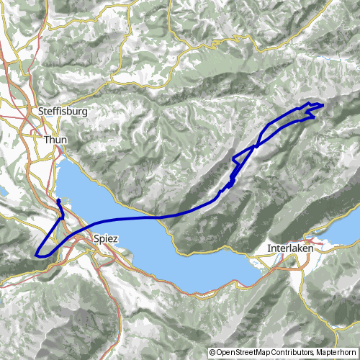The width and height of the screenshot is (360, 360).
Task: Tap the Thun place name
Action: [x=54, y=140]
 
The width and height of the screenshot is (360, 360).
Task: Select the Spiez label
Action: [x=105, y=238]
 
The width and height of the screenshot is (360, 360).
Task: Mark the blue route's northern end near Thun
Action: [x=58, y=199]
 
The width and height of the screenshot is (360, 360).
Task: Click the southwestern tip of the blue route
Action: [x=36, y=253]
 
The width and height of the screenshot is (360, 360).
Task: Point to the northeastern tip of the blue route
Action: [x=321, y=106]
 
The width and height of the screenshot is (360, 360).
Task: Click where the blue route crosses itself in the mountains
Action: [x=254, y=147]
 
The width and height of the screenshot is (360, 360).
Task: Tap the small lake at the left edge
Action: [x=2, y=192]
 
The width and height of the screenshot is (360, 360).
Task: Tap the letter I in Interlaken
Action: [x=269, y=249]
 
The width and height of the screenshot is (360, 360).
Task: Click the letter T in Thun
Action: [x=46, y=140]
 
